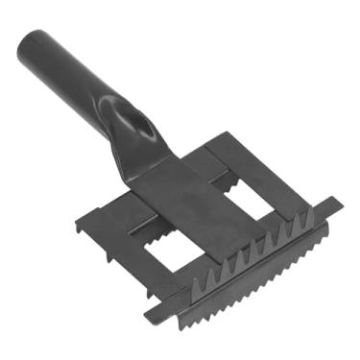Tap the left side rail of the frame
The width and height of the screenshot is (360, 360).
click(x=115, y=250)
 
